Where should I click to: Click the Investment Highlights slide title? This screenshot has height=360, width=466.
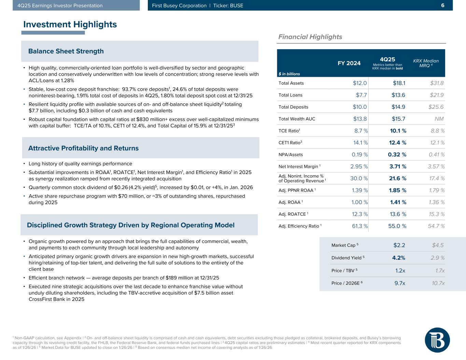(70, 25)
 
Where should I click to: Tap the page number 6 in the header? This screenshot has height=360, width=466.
(442, 5)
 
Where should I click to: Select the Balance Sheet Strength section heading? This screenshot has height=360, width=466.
(66, 51)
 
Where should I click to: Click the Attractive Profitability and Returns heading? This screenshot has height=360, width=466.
(83, 148)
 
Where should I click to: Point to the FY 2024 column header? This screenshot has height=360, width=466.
(349, 63)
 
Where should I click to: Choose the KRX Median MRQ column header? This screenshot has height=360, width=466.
(426, 63)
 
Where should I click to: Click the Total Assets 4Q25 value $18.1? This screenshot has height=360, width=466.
(398, 83)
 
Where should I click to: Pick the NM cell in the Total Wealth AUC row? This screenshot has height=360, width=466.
(439, 119)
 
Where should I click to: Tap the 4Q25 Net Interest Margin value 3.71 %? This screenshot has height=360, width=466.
(398, 167)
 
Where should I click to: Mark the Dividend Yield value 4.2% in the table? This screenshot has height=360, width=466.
(399, 258)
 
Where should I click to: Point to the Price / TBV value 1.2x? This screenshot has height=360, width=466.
(400, 271)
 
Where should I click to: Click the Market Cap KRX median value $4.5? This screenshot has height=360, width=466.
(438, 245)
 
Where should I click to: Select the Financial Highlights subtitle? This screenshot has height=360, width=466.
(310, 37)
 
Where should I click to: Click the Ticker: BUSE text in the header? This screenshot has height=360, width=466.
(228, 5)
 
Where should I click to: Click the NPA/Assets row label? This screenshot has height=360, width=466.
(291, 155)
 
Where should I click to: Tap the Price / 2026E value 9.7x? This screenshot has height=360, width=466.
(400, 283)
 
